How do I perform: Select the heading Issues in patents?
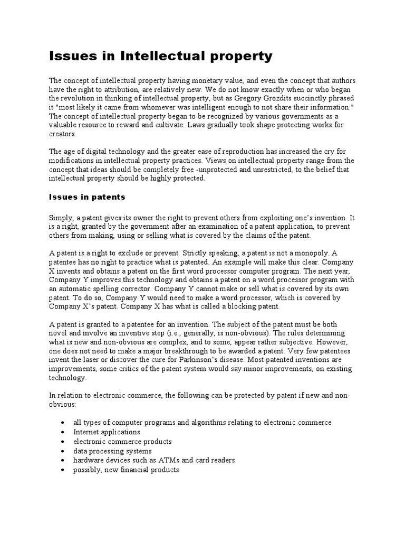(x=87, y=197)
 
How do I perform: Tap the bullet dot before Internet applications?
(x=63, y=432)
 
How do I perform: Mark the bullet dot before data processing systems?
(x=63, y=451)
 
